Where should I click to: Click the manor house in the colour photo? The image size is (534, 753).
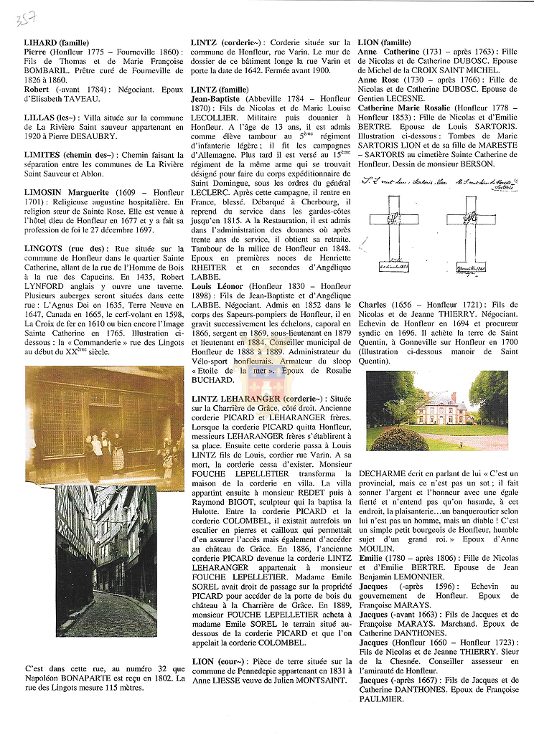coord(441,409)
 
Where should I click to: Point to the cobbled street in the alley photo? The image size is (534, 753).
coord(108,613)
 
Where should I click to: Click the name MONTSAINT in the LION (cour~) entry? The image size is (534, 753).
coord(296,681)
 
